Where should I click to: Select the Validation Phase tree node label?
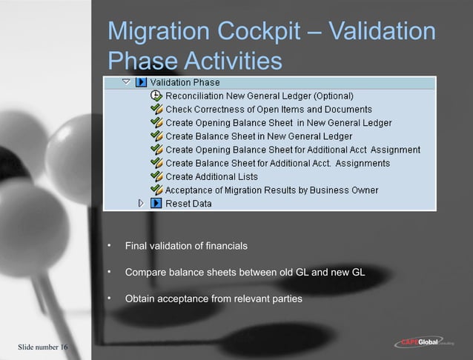185,82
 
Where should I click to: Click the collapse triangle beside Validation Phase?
126,82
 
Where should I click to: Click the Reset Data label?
188,204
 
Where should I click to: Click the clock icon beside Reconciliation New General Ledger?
156,96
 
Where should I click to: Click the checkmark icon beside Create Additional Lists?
156,176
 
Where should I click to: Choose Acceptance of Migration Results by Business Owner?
271,190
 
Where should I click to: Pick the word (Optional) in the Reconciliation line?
330,96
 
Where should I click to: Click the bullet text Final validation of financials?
186,245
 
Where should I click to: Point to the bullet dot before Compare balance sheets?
108,272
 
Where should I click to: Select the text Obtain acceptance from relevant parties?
214,299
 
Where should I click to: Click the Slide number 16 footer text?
42,347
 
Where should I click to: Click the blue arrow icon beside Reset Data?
156,203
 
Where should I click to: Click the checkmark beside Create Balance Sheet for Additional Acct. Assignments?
156,163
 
